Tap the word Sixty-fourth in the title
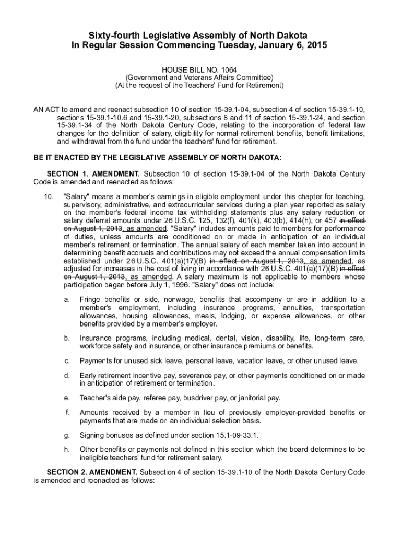[112, 35]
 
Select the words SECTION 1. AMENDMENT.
[93, 173]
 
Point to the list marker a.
[67, 299]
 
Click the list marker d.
[67, 375]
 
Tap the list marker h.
[67, 449]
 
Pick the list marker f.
[67, 413]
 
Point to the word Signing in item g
[92, 435]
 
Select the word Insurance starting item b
[96, 338]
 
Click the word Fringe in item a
[90, 299]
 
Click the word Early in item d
[88, 375]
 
